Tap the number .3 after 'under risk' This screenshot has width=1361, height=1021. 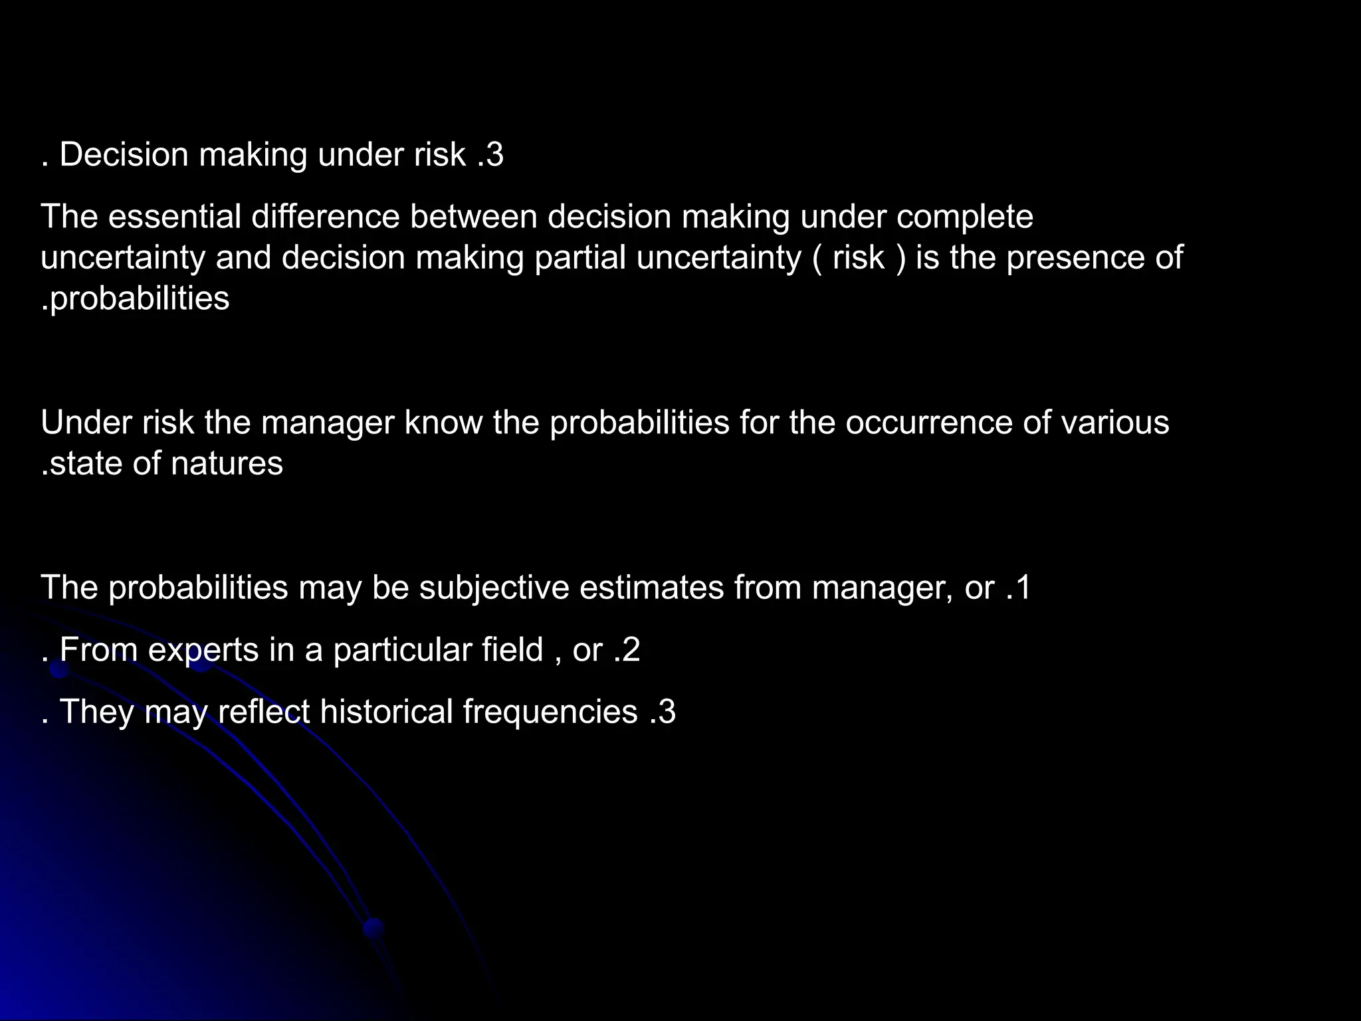tap(490, 155)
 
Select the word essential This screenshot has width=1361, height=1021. tap(175, 217)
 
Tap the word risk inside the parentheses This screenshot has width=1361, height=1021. tap(859, 258)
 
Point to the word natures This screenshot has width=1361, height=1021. tap(227, 463)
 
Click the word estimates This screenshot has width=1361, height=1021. tap(651, 588)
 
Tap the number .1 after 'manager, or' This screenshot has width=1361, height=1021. tap(1017, 588)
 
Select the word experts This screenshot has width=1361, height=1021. tap(203, 649)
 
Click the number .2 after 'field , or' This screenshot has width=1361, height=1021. tap(627, 649)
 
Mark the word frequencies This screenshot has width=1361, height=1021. tap(550, 711)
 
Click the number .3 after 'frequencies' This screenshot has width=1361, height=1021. tap(662, 711)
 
